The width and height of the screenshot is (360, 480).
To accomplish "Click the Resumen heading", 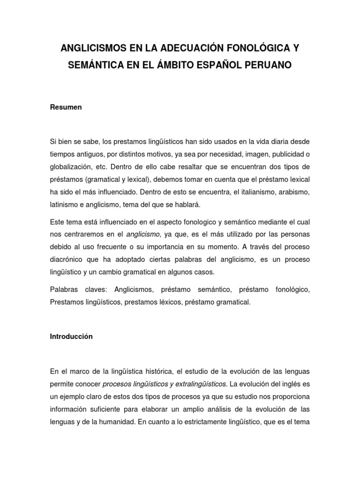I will coord(66,107).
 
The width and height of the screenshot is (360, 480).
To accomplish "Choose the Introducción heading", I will coord(72,337).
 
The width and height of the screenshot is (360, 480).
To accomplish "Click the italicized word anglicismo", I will coord(144,234).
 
